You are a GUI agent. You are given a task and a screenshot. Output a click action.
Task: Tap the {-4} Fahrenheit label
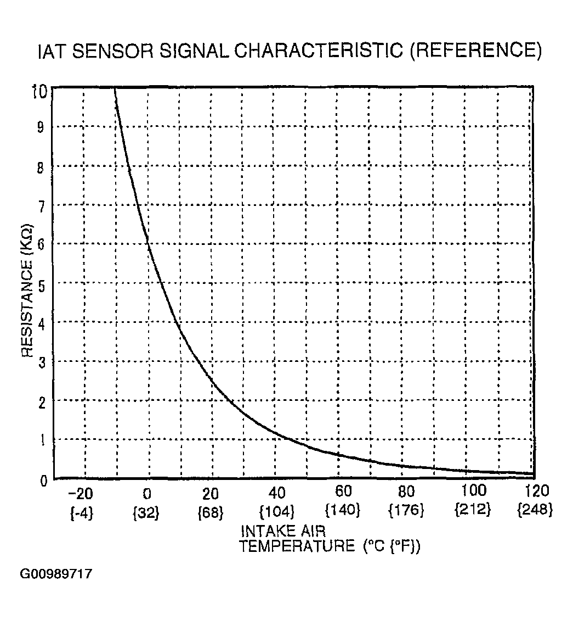click(x=82, y=513)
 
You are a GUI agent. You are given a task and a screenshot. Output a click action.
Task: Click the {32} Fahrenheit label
click(x=146, y=513)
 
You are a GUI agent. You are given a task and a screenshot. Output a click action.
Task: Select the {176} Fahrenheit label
click(x=406, y=511)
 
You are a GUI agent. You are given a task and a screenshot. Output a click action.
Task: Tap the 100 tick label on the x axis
click(x=473, y=490)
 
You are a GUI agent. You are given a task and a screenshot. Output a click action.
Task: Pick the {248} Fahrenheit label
click(x=535, y=511)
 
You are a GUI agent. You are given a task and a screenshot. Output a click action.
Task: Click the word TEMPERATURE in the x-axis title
click(x=298, y=546)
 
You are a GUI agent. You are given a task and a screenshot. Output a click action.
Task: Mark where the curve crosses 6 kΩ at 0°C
click(x=148, y=243)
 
